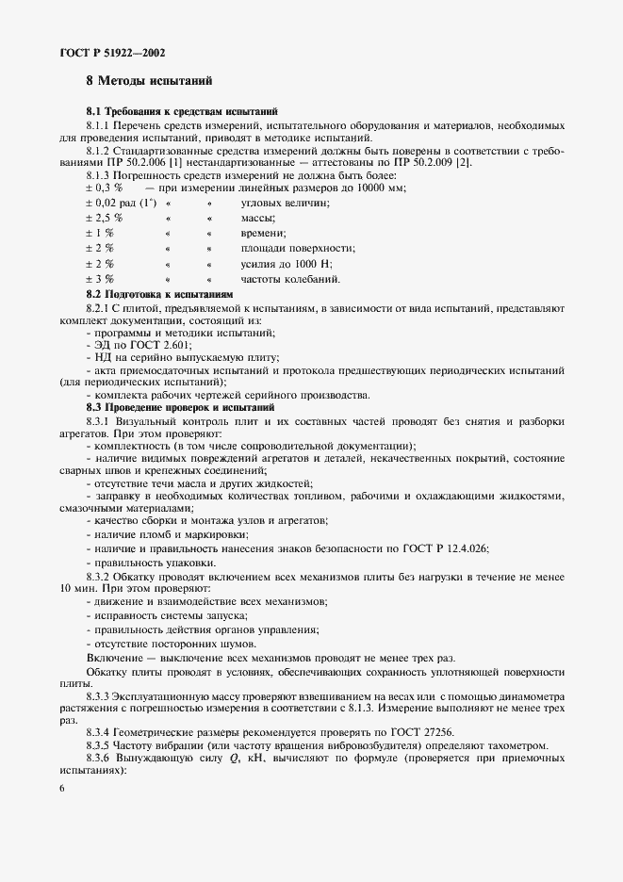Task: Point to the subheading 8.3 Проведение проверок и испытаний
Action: (179, 406)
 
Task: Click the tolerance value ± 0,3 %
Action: (106, 188)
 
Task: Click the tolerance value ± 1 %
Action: (99, 234)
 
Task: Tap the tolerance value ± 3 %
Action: (99, 280)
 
